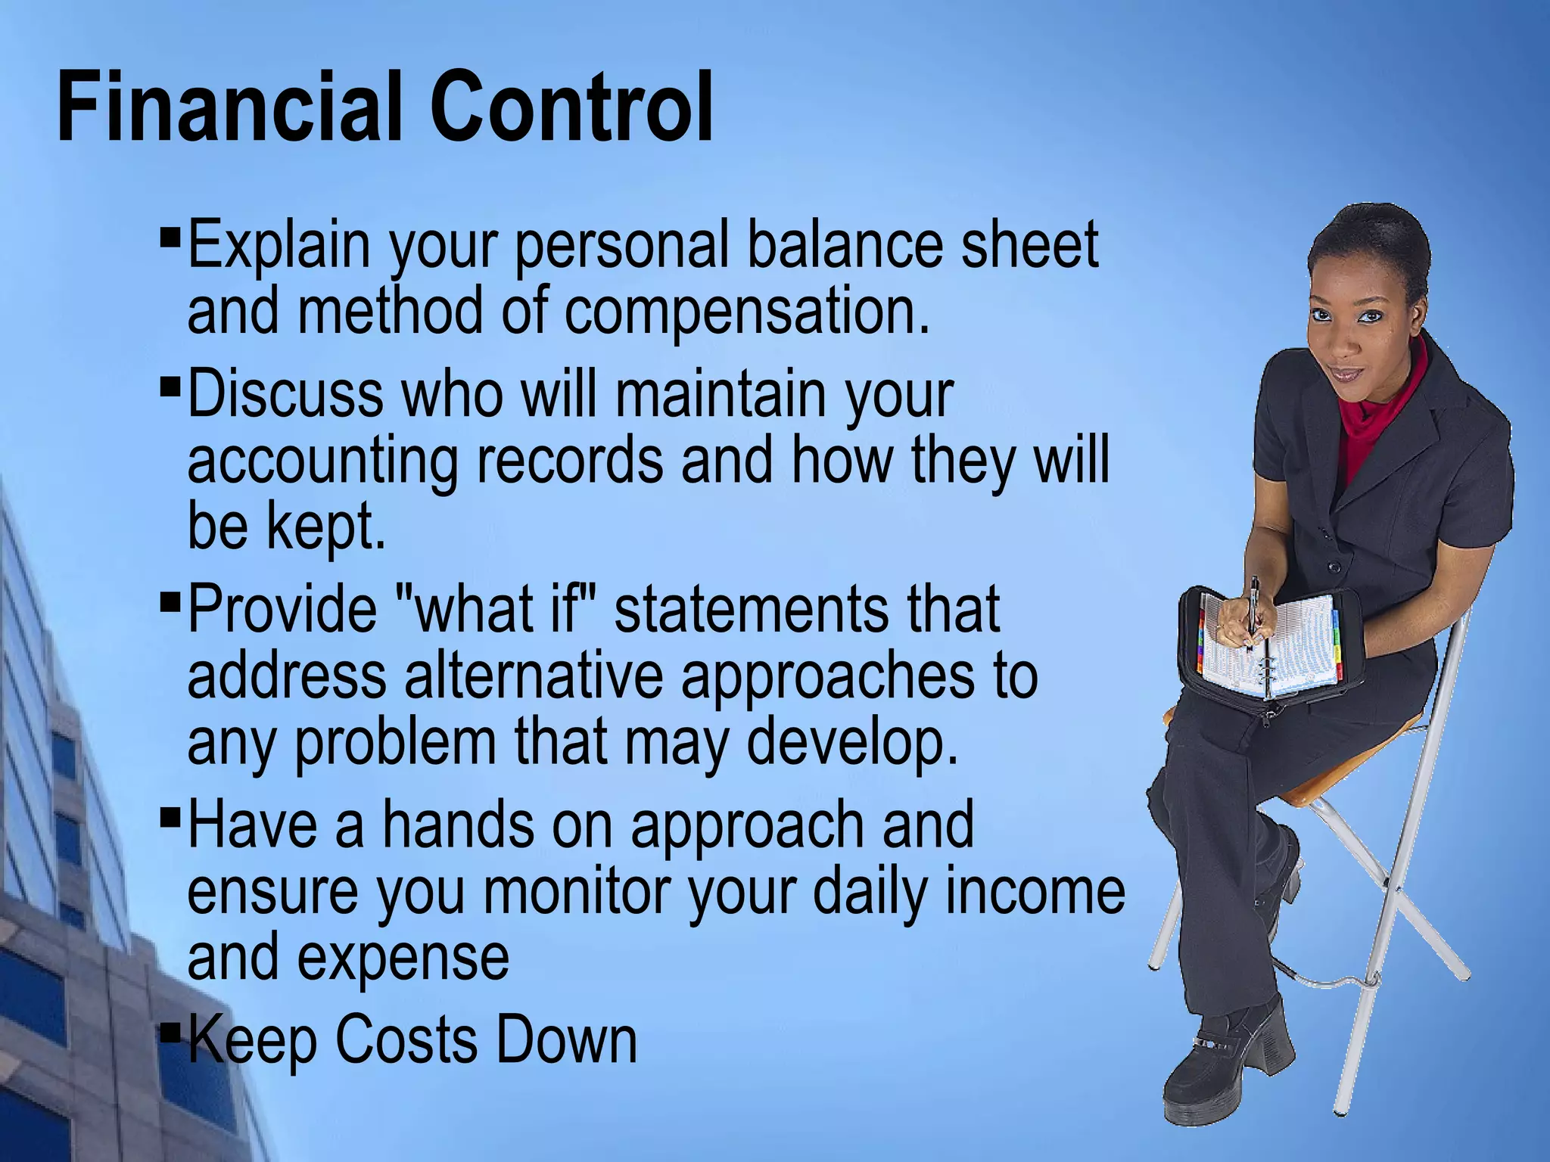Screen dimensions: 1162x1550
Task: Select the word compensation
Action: pos(745,313)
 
